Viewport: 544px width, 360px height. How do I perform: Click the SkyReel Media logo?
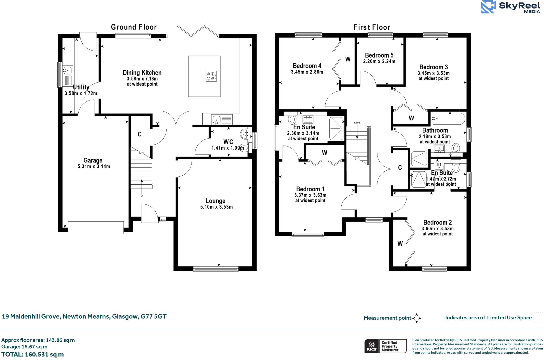510,7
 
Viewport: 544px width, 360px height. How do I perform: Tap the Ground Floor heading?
134,27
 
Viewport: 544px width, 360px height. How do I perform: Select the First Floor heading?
372,27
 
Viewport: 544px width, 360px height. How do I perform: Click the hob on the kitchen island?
211,76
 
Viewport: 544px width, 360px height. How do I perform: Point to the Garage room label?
93,160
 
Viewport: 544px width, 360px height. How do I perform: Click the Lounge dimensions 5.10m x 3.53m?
216,207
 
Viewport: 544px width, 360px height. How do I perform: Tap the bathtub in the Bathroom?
448,119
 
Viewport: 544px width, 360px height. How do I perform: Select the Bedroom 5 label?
379,55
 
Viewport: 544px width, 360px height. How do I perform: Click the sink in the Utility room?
67,71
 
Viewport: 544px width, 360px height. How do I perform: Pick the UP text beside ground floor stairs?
142,196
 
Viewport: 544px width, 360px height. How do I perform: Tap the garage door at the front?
96,227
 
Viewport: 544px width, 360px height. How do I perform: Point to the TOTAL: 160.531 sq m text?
32,354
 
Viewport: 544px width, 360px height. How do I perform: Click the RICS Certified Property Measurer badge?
385,346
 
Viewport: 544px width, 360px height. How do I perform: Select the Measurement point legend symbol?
416,318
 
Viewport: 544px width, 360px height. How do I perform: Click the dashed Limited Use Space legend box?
538,317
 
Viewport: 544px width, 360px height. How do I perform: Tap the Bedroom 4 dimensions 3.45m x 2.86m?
307,72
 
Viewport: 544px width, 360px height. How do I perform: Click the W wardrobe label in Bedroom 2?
400,243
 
